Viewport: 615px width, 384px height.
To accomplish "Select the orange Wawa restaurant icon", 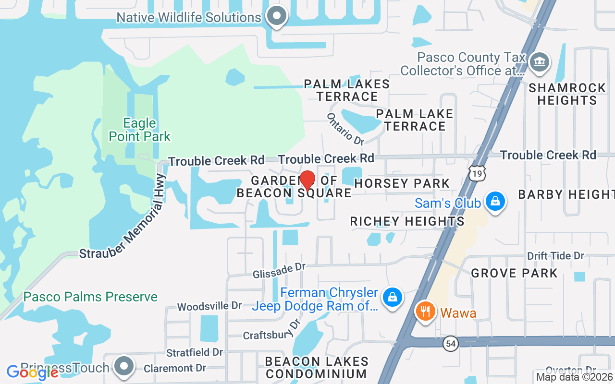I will pos(424,312).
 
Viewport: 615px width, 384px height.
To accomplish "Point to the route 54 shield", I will pos(450,344).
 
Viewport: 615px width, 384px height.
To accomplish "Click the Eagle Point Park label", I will pos(139,130).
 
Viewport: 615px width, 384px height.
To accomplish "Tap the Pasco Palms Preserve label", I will pos(90,297).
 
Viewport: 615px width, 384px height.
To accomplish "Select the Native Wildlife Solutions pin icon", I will pos(276,16).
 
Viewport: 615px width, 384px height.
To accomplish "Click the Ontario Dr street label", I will pos(345,129).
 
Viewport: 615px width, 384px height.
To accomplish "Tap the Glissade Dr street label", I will pos(279,269).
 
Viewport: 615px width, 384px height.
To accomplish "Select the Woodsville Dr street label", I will pos(209,306).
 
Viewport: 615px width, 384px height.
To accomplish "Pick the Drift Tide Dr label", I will pos(555,255).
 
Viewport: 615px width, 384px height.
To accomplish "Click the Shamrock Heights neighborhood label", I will pos(567,94).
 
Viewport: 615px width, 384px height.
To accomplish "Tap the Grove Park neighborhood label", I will pos(514,273).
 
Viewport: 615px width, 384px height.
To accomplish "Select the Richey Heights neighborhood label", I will pos(407,221).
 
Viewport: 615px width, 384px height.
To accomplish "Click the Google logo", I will pos(32,372).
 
